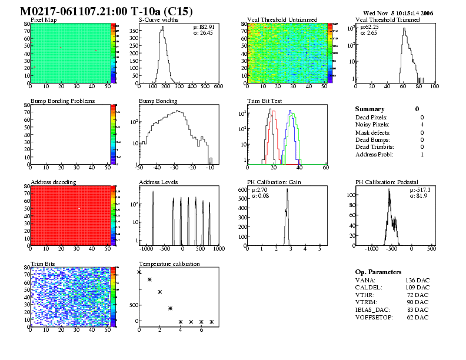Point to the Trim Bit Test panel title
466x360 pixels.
264,101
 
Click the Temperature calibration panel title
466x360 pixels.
169,264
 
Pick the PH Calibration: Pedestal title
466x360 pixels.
388,182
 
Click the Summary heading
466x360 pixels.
370,109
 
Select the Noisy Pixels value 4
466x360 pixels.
422,125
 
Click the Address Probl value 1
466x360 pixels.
422,154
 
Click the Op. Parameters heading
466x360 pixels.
378,272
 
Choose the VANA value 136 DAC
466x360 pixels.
417,280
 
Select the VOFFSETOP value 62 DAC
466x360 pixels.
418,318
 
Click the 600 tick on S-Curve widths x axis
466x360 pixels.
218,86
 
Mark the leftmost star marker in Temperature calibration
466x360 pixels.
139,272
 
